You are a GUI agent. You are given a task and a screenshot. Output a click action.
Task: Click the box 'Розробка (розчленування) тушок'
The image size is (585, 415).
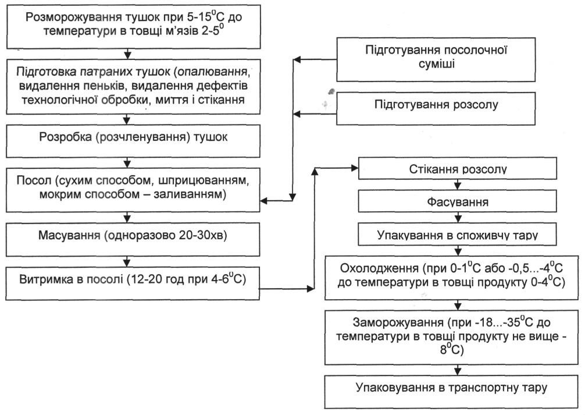coord(133,141)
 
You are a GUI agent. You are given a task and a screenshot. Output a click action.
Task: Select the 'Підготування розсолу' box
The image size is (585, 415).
coord(436,108)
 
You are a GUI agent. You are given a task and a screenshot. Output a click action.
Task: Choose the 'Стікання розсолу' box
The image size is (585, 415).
coord(458,168)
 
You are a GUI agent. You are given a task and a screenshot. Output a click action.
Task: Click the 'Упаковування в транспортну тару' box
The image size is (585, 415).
coord(451,392)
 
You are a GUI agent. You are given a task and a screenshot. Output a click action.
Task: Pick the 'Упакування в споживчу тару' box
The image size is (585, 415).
coord(458,234)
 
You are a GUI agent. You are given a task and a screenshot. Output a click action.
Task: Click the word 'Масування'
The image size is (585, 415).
coord(69,235)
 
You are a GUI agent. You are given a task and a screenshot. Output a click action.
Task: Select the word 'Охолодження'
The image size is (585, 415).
coord(379,268)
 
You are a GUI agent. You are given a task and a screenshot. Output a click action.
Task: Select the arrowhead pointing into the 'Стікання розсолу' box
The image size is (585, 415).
coord(355,168)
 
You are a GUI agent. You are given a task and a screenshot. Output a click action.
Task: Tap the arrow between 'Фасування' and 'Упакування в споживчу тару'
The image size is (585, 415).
coord(458,218)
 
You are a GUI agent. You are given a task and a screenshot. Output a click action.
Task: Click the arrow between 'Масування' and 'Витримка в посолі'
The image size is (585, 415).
coord(127,261)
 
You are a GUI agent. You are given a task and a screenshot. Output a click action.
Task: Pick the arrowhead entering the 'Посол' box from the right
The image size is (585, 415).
coord(264,201)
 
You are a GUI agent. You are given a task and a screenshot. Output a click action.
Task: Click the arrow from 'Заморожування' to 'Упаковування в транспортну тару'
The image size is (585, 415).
coord(458,370)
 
